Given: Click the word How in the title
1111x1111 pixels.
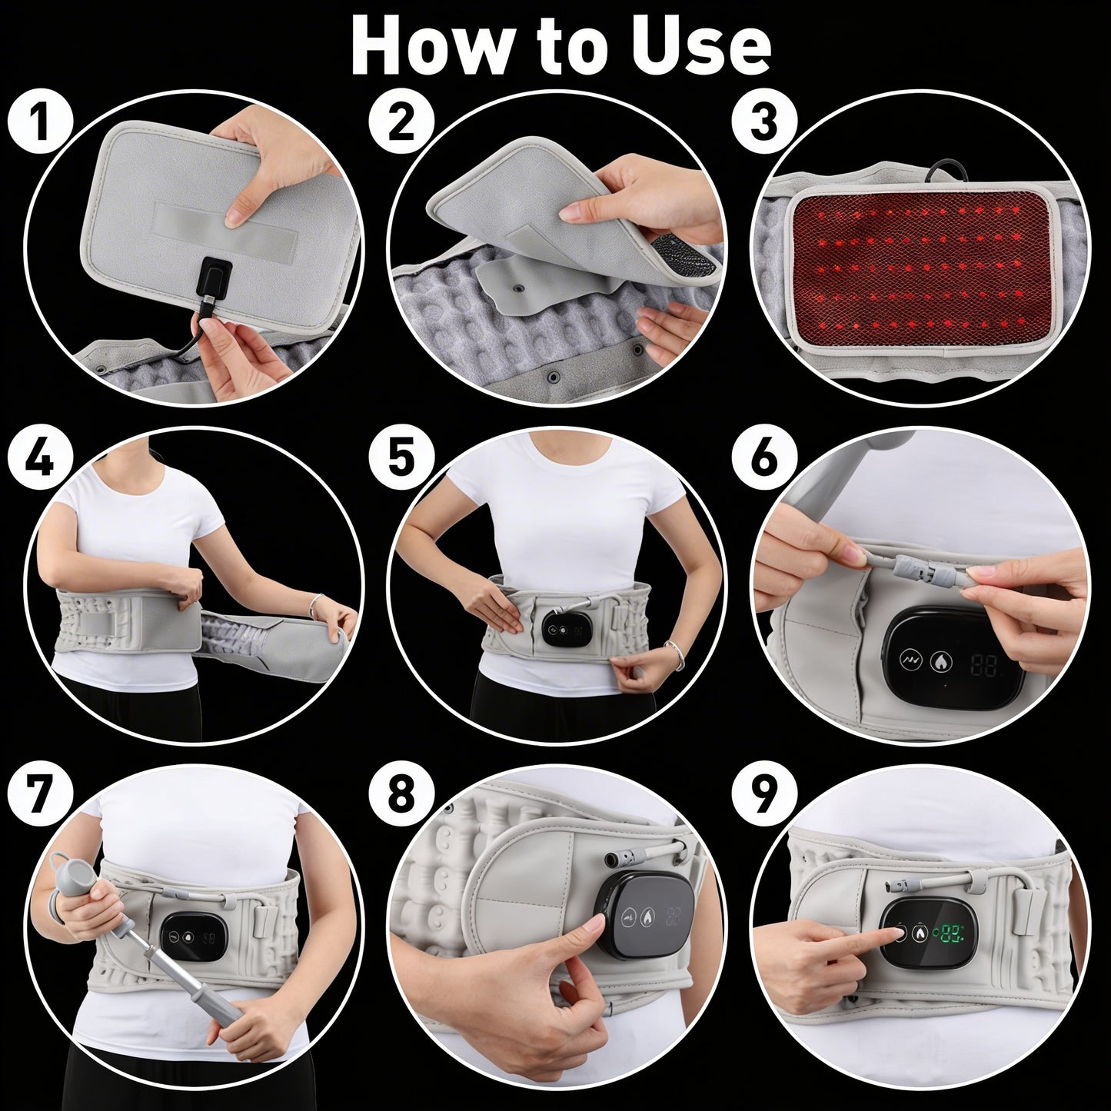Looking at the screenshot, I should click(422, 45).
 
